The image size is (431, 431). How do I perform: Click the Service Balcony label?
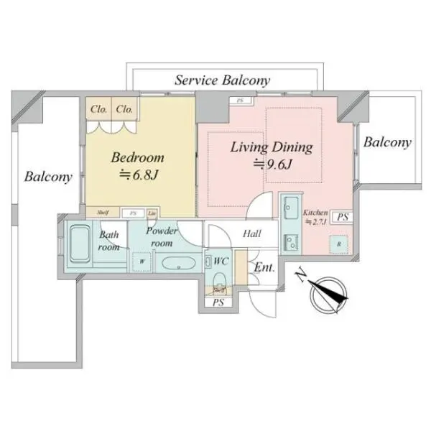(222, 80)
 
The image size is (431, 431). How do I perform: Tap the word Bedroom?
(136, 157)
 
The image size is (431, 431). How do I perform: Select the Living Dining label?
(271, 147)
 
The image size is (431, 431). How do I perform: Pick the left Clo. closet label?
(99, 109)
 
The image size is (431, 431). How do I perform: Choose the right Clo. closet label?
(124, 109)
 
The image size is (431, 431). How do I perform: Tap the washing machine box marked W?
(143, 261)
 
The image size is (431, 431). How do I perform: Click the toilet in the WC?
(220, 281)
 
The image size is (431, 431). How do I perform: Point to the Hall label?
(251, 233)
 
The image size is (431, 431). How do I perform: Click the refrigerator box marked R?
(338, 244)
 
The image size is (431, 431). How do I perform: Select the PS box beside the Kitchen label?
(343, 216)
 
